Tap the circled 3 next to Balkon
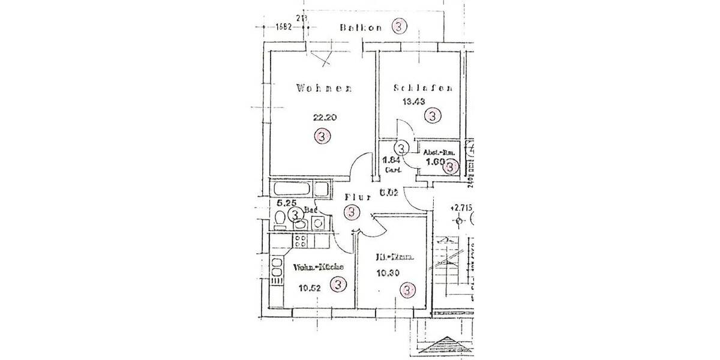pos(400,26)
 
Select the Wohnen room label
pos(323,89)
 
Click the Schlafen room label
pos(422,89)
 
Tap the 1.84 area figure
pos(391,160)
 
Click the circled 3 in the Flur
pos(352,212)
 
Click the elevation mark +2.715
pos(461,208)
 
